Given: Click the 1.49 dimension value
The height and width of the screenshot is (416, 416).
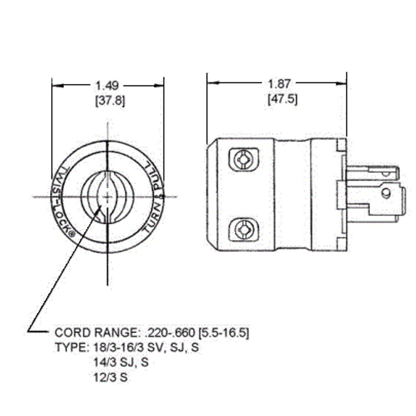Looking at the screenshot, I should [x=107, y=85].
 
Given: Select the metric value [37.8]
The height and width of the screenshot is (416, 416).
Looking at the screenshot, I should [x=110, y=101].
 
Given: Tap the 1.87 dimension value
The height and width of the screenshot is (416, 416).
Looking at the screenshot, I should [x=279, y=84].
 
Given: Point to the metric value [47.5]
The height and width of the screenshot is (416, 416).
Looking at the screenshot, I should [x=283, y=99].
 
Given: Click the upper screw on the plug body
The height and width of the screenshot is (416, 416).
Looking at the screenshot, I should [x=244, y=159].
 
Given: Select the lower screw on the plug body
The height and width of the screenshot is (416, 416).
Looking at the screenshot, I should [x=244, y=229].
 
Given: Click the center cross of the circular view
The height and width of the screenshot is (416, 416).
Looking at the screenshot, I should [x=108, y=197].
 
